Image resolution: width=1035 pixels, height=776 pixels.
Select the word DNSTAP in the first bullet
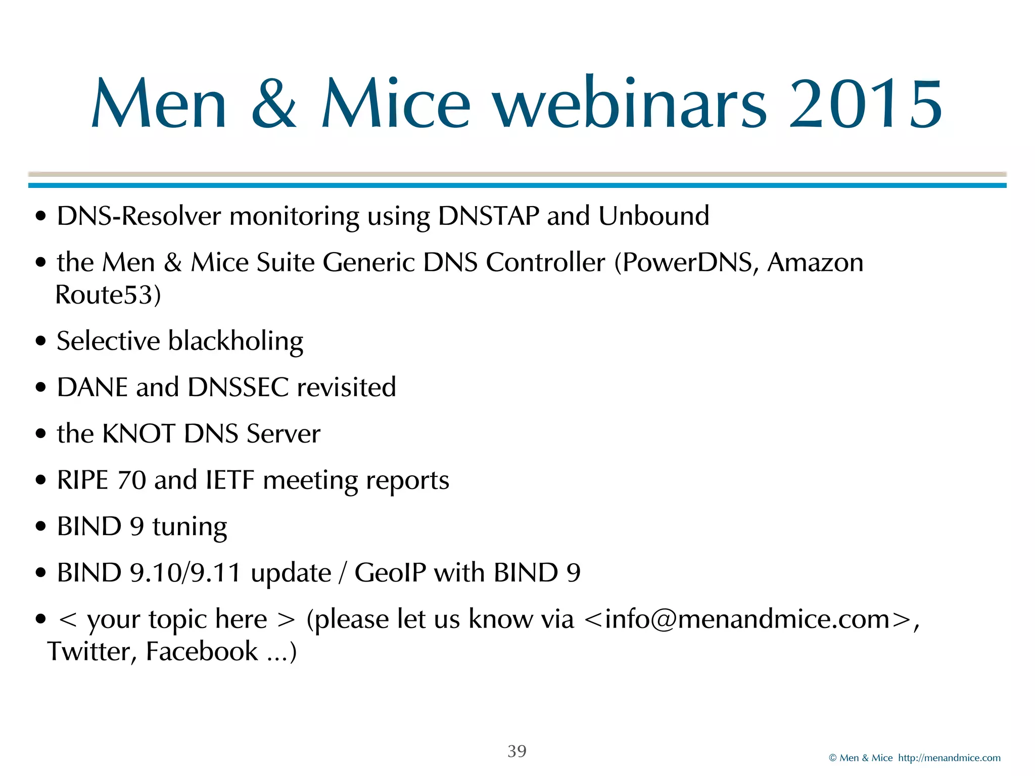(x=489, y=216)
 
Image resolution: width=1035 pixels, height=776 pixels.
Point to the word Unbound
(x=654, y=216)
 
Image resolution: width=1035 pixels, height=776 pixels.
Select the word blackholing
(x=236, y=342)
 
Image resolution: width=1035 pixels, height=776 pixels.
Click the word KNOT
(x=138, y=434)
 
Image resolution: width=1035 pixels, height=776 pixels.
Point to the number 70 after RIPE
(x=131, y=480)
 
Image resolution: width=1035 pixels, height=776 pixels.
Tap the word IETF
(x=230, y=480)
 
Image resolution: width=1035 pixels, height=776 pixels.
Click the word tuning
(x=190, y=527)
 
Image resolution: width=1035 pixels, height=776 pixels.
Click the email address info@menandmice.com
(x=747, y=619)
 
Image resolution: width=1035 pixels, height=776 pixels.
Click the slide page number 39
(x=517, y=751)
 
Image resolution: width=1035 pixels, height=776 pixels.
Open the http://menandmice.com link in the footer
(x=949, y=758)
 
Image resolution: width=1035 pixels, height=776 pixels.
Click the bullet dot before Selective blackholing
(x=41, y=341)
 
